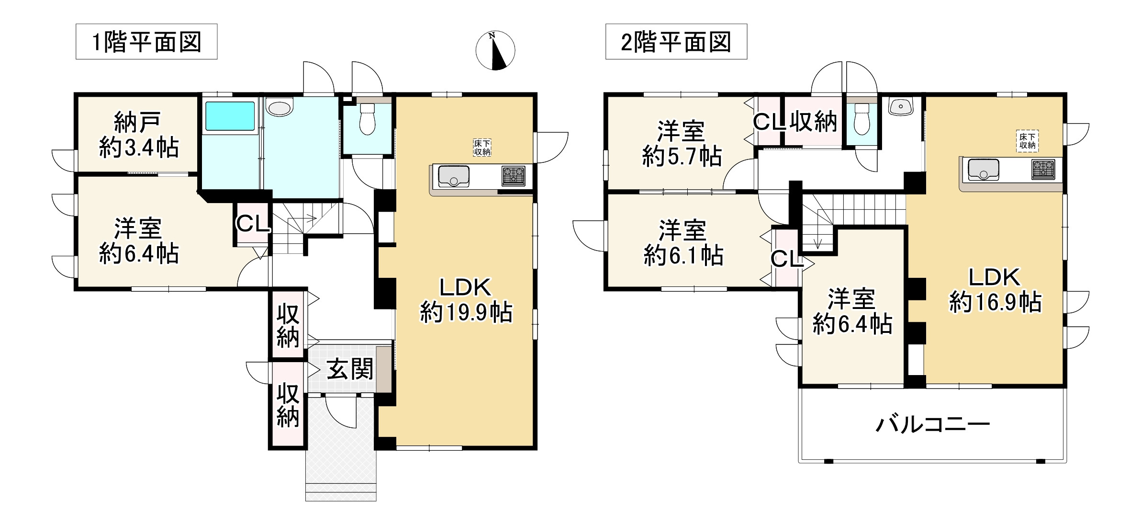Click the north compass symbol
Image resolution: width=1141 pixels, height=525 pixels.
click(495, 51)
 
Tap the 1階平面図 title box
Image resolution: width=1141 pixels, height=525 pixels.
click(146, 42)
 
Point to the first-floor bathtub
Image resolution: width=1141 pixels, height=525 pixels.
click(230, 115)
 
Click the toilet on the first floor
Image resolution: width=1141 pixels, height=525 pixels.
click(368, 120)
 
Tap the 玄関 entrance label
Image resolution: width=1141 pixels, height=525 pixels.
click(349, 370)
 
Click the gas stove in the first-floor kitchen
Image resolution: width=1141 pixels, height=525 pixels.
click(513, 176)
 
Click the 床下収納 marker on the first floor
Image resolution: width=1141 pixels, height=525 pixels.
click(482, 148)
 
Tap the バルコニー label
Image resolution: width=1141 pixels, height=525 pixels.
click(932, 424)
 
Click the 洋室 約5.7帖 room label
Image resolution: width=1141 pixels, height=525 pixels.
click(682, 144)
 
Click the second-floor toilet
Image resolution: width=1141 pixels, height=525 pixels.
click(861, 121)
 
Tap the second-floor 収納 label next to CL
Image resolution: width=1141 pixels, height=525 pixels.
click(813, 122)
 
